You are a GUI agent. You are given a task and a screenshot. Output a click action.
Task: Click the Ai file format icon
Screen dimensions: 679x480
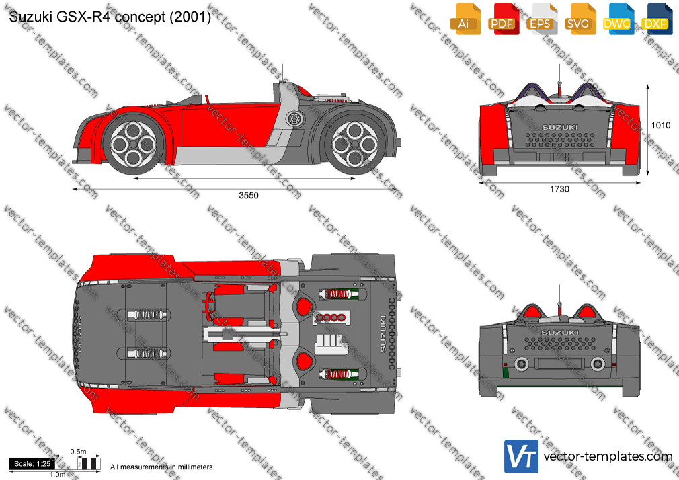tap(465, 19)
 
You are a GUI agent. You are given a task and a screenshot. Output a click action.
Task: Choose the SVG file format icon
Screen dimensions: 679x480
tap(580, 19)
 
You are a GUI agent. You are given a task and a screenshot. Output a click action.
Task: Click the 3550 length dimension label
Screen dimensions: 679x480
tap(249, 196)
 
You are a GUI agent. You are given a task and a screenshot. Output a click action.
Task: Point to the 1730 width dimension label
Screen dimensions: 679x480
tap(559, 189)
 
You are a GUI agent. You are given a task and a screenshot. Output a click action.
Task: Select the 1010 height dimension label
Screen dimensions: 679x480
tap(661, 125)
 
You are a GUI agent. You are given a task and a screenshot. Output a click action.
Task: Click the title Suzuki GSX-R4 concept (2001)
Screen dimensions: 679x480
tap(110, 17)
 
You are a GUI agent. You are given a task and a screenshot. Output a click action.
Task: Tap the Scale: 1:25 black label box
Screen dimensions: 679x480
tap(32, 464)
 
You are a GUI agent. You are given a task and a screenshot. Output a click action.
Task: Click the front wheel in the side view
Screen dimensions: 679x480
tap(133, 144)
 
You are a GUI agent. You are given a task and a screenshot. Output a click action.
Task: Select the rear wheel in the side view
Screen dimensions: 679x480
tap(355, 144)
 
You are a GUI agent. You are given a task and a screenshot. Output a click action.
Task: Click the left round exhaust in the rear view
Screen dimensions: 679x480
tap(522, 364)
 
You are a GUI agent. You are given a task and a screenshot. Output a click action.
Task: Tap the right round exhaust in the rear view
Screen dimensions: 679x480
tap(598, 364)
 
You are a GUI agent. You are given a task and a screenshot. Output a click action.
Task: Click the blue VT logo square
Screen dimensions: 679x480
tap(522, 456)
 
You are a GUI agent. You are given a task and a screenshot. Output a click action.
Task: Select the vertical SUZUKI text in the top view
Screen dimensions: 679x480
tap(383, 333)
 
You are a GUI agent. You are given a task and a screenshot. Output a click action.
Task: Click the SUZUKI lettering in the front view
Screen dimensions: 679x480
tap(560, 127)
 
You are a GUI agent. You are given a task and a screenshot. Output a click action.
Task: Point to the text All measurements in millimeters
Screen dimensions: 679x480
tap(162, 467)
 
